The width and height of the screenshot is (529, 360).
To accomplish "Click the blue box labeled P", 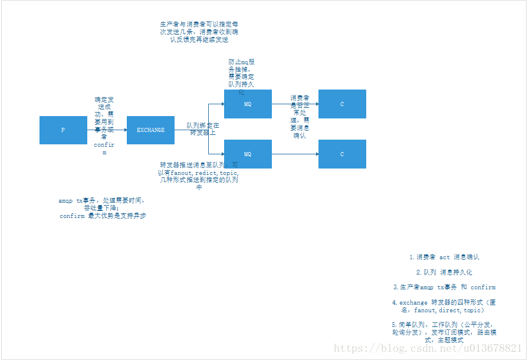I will pyautogui.click(x=63, y=130).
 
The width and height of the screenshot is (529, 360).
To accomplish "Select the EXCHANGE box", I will pyautogui.click(x=150, y=130).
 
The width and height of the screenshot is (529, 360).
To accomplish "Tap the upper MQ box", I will pyautogui.click(x=248, y=104).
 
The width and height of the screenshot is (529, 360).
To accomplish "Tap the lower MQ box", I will pyautogui.click(x=248, y=154).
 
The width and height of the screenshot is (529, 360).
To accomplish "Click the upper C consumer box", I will pyautogui.click(x=342, y=104).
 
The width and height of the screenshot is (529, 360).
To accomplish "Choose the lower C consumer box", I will pyautogui.click(x=342, y=154).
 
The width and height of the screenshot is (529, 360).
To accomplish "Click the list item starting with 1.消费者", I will pyautogui.click(x=445, y=257).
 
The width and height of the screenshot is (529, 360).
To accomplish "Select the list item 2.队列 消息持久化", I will pyautogui.click(x=445, y=273).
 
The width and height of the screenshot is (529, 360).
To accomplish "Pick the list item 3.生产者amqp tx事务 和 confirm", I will pyautogui.click(x=445, y=288).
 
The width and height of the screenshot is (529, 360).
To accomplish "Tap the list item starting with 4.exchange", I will pyautogui.click(x=445, y=306).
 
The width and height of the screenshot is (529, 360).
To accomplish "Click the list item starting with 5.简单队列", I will pyautogui.click(x=445, y=332).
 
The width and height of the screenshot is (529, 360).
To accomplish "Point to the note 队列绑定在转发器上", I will pyautogui.click(x=202, y=129).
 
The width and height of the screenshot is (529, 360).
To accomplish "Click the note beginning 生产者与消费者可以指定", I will pyautogui.click(x=199, y=32).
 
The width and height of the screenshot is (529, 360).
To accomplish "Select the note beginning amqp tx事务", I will pyautogui.click(x=102, y=208).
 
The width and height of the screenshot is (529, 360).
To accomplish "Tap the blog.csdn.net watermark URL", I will pyautogui.click(x=428, y=349).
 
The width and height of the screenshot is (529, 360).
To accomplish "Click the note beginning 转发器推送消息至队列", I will pyautogui.click(x=199, y=176).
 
